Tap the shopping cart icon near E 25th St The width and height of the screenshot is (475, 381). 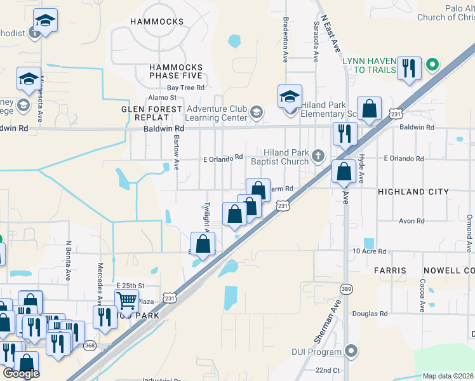point(127,300)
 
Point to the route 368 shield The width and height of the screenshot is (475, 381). point(90,345)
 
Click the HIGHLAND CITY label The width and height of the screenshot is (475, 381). point(413,191)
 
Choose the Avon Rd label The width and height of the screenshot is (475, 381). point(411,221)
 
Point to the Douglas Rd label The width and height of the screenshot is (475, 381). point(370,314)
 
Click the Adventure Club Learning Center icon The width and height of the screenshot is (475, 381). point(256,112)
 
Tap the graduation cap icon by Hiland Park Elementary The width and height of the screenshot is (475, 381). point(290,98)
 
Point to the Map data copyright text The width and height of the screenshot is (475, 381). point(448,376)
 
